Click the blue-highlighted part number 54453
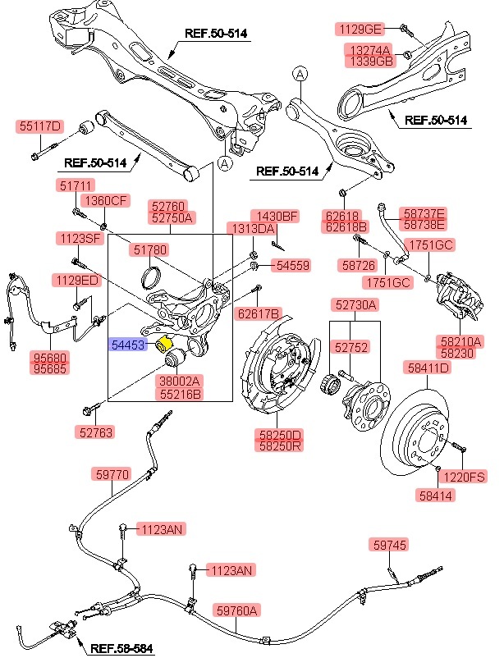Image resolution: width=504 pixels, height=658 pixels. (129, 345)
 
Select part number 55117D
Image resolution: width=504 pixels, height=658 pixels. (39, 126)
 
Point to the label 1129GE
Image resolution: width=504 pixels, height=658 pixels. (360, 29)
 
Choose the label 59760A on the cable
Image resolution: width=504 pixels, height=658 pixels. (237, 610)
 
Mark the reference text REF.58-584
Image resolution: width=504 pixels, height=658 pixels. (121, 648)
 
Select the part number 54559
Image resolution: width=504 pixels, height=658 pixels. (292, 266)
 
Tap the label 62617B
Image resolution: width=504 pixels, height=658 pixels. (259, 313)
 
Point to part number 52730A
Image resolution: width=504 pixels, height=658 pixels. (355, 304)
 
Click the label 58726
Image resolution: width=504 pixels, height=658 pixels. (357, 266)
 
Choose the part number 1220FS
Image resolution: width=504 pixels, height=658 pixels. (465, 476)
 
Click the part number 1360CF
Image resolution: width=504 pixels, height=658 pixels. (107, 200)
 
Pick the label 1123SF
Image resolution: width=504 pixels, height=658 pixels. (79, 239)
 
